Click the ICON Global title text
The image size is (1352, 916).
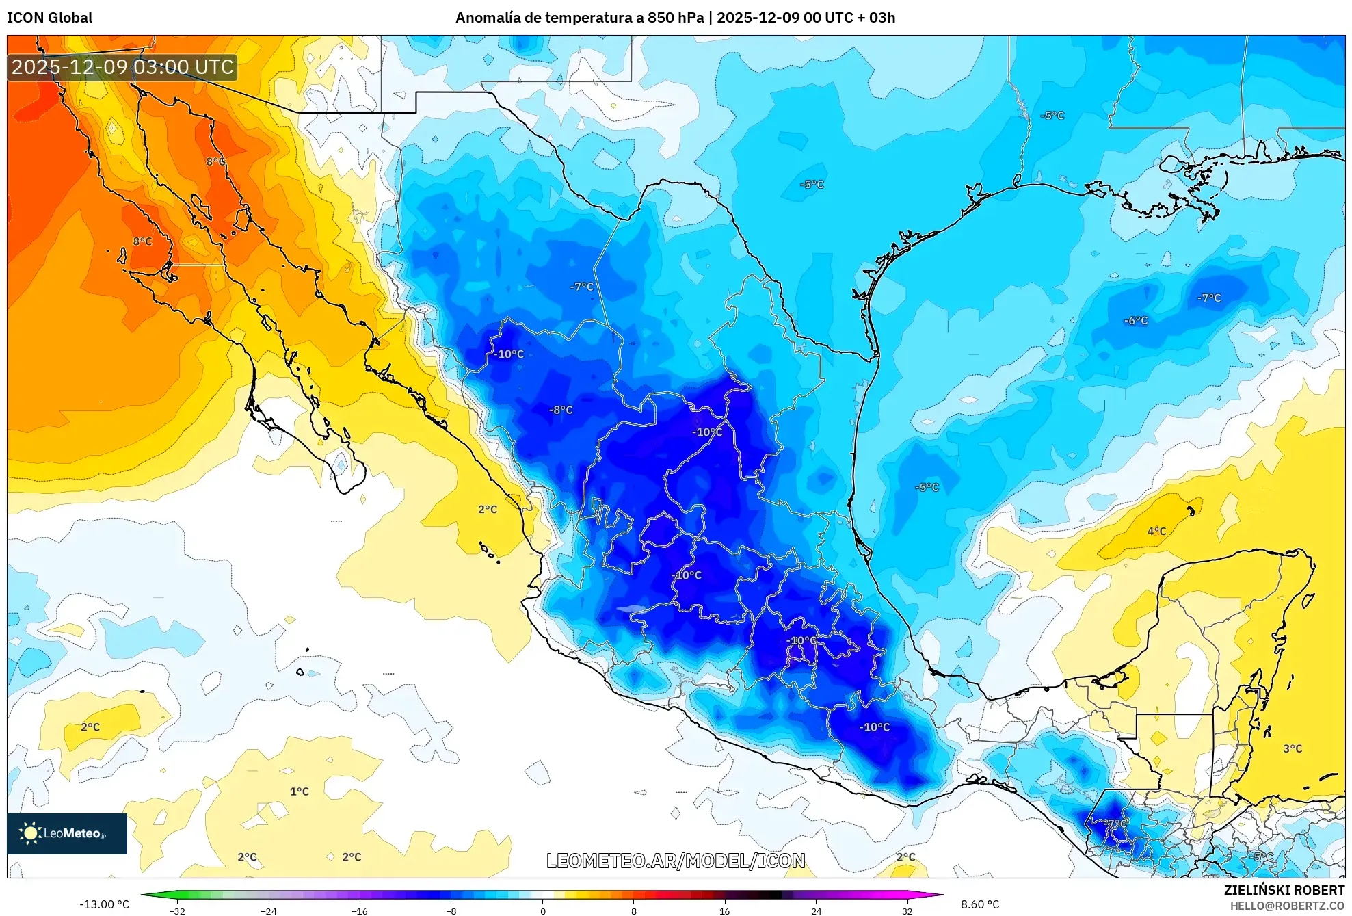(x=49, y=18)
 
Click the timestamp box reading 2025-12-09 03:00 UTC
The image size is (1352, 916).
(x=122, y=67)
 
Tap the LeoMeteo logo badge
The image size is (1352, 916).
(x=66, y=833)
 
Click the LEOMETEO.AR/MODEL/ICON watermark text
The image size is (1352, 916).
(x=676, y=861)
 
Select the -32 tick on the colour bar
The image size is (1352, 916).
(x=177, y=911)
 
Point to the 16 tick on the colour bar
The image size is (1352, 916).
(x=724, y=911)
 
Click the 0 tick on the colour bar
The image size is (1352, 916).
(x=542, y=911)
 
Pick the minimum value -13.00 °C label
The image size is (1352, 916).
(x=104, y=904)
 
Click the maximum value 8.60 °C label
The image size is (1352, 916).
(x=980, y=904)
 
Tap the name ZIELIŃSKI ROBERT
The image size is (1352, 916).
(x=1284, y=890)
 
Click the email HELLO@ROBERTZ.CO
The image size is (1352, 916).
(x=1287, y=906)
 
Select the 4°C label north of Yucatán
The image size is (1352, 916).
(x=1156, y=532)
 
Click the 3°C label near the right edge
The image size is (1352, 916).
(x=1292, y=748)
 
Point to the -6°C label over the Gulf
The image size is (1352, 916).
(x=1136, y=320)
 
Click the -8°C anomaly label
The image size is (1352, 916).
(x=561, y=410)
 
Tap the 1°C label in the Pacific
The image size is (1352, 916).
(x=300, y=791)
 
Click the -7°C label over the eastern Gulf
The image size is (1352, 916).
(x=1208, y=298)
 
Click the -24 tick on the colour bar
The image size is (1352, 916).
(x=269, y=911)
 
